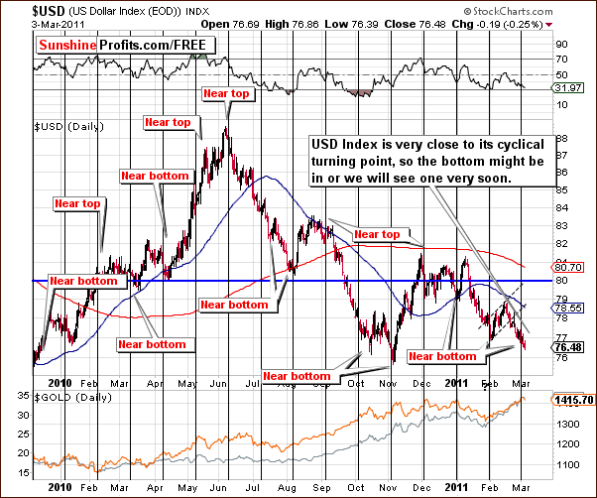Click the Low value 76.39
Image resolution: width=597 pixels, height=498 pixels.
click(364, 22)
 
